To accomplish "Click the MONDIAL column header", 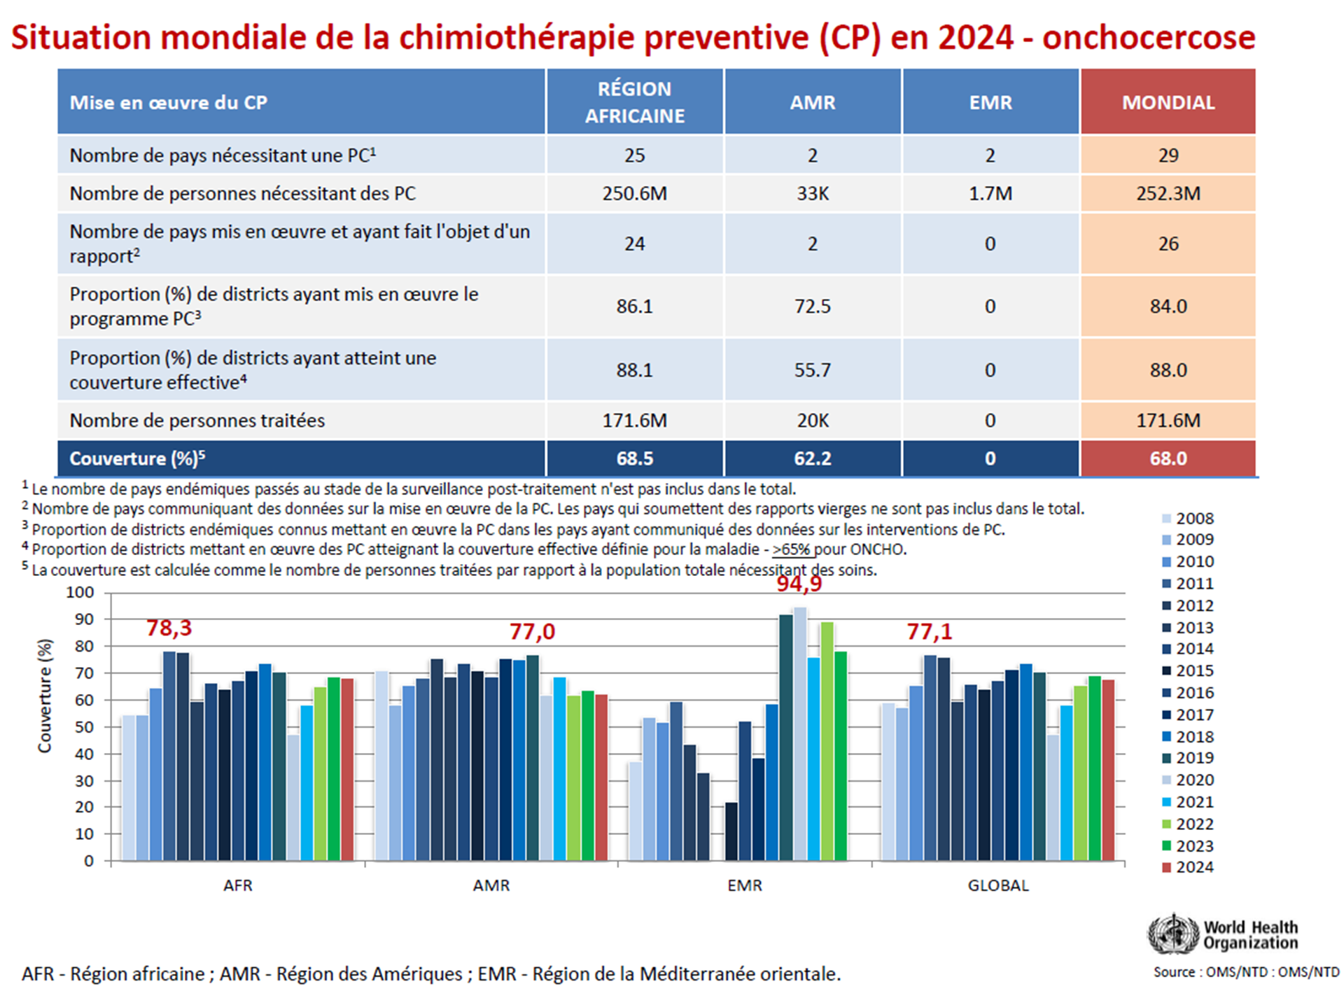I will click(x=1168, y=102).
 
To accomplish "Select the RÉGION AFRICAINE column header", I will click(x=634, y=102).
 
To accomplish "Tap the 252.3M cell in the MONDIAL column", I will click(x=1168, y=193).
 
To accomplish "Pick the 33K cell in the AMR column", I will click(x=812, y=193).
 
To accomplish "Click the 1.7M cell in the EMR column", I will click(x=990, y=193).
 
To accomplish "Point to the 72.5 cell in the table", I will click(x=812, y=307).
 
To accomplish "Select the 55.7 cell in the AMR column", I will click(x=812, y=370).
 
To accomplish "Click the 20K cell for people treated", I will click(x=812, y=421).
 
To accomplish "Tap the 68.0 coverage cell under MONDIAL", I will click(x=1168, y=458).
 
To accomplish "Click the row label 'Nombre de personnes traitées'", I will click(x=197, y=421).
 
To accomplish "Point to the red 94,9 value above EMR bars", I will click(x=799, y=584).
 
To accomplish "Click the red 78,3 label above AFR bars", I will click(x=169, y=628).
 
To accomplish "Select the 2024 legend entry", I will click(x=1188, y=867).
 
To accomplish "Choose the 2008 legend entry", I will click(x=1188, y=519).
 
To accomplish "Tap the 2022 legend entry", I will click(x=1188, y=824).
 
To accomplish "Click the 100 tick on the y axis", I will click(x=80, y=592).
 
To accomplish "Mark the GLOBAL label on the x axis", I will click(x=997, y=885).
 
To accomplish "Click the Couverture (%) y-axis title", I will click(x=45, y=696).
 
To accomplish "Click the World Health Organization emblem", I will click(x=1172, y=934).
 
